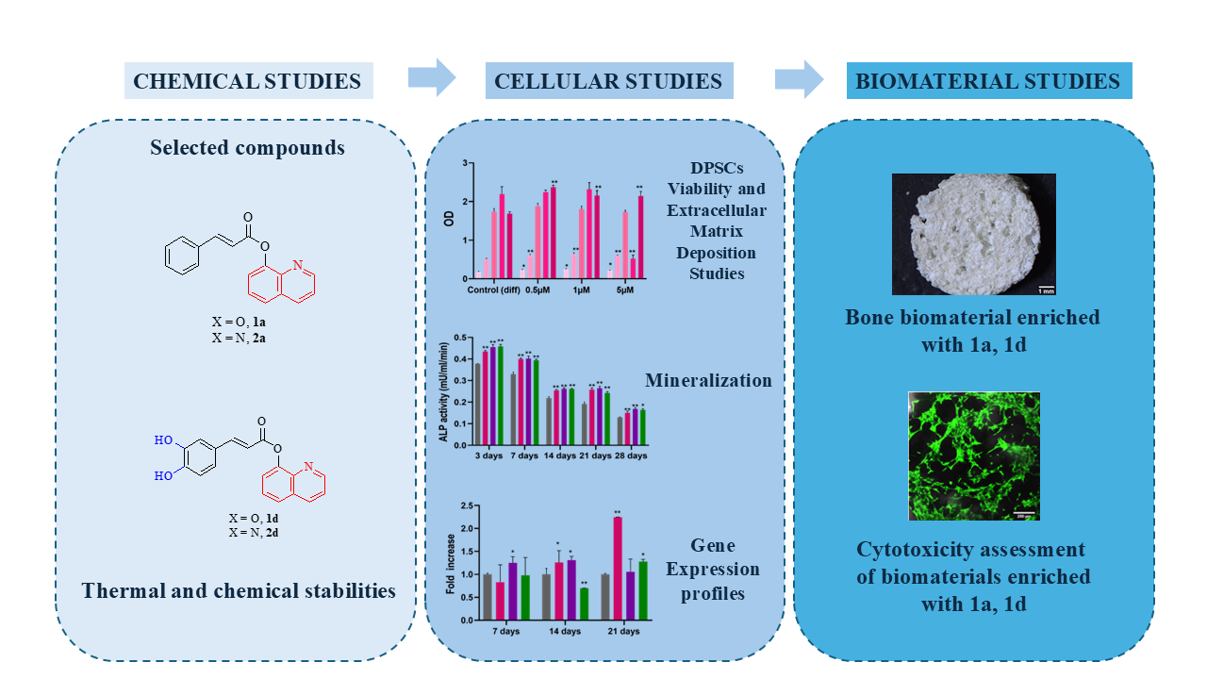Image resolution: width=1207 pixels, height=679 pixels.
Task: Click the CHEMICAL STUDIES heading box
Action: [248, 81]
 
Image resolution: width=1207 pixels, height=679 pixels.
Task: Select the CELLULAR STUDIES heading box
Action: [609, 81]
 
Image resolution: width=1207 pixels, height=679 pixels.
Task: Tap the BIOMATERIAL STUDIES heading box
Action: [988, 81]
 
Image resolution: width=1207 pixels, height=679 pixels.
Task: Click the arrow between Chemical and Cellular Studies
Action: [432, 77]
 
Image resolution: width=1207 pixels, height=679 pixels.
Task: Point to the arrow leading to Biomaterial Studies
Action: [799, 77]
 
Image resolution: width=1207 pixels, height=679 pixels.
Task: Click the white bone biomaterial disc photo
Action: [973, 234]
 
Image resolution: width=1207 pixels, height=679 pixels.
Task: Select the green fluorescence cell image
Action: [974, 455]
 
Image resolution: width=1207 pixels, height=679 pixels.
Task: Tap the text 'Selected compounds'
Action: [247, 148]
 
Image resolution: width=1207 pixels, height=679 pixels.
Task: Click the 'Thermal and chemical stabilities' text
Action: [239, 591]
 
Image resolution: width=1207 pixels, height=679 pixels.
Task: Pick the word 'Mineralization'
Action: [708, 381]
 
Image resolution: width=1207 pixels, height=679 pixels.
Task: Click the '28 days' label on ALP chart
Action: [631, 455]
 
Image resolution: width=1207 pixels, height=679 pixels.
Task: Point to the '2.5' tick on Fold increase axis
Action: [467, 506]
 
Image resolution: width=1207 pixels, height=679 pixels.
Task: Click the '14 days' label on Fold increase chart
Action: [565, 630]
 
